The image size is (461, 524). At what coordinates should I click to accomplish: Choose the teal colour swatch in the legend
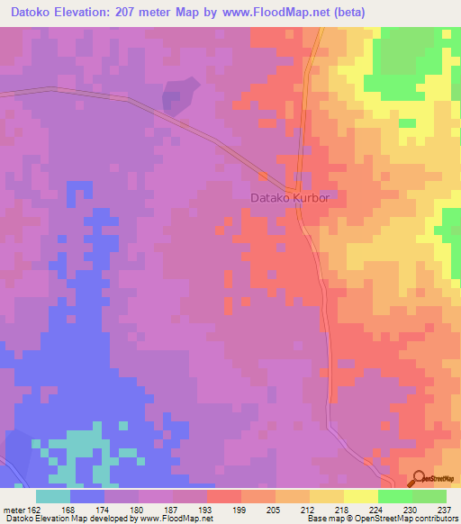pyautogui.click(x=53, y=496)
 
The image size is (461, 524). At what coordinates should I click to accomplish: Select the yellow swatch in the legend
pyautogui.click(x=361, y=496)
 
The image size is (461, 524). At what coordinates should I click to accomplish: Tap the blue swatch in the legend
pyautogui.click(x=87, y=496)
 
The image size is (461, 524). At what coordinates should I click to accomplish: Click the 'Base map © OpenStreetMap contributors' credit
pyautogui.click(x=382, y=518)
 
